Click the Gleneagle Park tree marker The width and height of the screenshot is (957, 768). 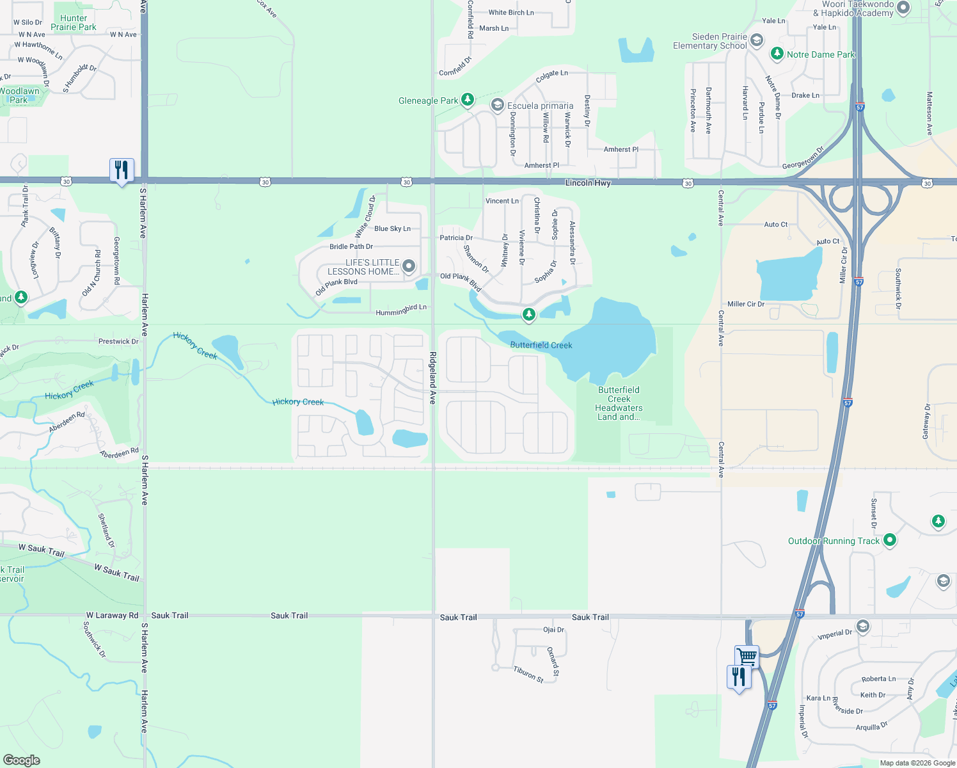coord(468,99)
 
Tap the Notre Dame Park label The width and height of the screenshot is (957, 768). coord(821,55)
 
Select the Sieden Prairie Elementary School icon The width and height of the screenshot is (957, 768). coord(756,41)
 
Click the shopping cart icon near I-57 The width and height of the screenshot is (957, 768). coord(747,656)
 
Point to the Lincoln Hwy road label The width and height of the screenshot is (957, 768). coord(588,183)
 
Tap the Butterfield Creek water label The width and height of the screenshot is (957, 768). coord(541,346)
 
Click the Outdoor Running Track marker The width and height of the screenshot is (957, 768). coord(889,541)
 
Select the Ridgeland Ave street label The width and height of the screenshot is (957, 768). coord(433,378)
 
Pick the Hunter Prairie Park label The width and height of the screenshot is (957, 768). coord(74,23)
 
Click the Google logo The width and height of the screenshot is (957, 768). coord(21,760)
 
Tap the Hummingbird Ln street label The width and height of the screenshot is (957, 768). coord(401,310)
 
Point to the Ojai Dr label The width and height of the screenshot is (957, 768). coord(554,630)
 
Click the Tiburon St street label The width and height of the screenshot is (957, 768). coord(528,674)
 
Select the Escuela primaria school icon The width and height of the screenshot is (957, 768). coord(497,105)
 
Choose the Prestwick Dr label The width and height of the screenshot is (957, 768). coord(118,342)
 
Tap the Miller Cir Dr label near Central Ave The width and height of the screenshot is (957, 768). coord(746,304)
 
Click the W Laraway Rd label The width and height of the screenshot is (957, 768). coord(112,616)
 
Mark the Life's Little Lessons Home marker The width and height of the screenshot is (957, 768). coord(409,266)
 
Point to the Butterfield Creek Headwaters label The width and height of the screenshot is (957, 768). coord(619,403)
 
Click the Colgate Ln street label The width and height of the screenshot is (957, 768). coord(551,76)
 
